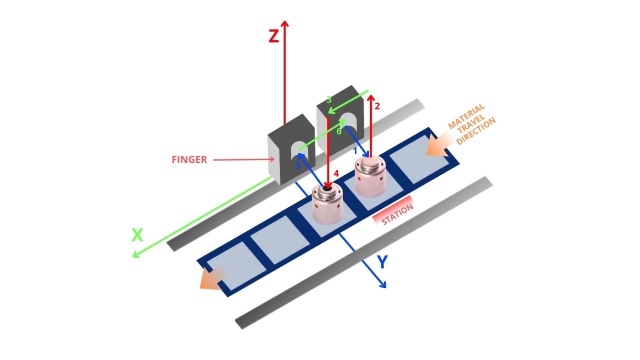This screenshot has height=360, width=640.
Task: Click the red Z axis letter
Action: [274, 36]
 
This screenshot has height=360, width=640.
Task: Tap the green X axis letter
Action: [138, 236]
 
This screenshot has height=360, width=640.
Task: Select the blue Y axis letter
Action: [382, 262]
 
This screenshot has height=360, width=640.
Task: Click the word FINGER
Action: [189, 160]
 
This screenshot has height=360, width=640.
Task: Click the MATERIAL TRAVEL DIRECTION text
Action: [472, 124]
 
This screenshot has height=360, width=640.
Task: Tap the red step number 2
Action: [377, 106]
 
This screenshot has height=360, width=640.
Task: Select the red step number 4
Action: [336, 174]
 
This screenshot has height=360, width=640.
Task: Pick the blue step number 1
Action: [355, 151]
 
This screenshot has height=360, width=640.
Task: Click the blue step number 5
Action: [298, 166]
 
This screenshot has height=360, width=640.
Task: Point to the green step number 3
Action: [329, 100]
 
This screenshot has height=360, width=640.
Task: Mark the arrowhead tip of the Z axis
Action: [285, 20]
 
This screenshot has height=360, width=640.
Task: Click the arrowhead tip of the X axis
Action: [133, 257]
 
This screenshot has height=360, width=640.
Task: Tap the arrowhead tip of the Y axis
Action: [386, 288]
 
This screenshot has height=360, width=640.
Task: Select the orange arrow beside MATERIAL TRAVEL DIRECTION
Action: [438, 145]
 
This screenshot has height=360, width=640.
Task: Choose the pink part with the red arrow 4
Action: [327, 204]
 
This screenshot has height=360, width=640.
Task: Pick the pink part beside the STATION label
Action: [370, 176]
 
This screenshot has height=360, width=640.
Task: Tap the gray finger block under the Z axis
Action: [291, 149]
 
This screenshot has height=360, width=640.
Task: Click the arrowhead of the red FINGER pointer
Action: [273, 160]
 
